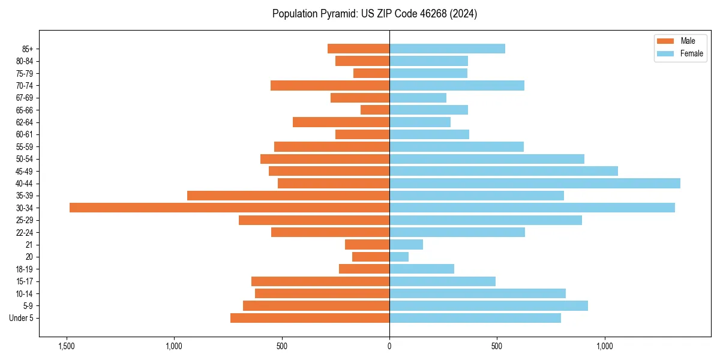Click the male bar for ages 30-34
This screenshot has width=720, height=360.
229,208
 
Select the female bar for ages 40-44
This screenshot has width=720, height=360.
535,183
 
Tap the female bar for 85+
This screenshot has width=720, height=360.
447,49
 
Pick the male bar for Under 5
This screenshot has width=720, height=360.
310,318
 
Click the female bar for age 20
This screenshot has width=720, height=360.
399,257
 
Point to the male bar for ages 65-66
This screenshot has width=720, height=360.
375,110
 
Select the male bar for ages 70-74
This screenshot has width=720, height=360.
330,85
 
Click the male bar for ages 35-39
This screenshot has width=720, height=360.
288,196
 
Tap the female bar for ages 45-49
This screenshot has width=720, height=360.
503,171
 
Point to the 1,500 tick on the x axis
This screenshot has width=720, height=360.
66,346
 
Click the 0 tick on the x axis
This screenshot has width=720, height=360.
389,346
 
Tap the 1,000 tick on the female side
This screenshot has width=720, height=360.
605,346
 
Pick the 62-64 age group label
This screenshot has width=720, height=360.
24,122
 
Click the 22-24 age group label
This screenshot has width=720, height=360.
24,232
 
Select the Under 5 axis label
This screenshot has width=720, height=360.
22,318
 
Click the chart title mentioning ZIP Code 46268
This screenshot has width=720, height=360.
374,14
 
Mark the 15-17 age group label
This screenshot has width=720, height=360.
24,281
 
